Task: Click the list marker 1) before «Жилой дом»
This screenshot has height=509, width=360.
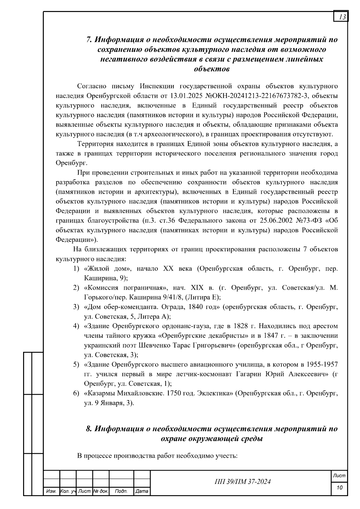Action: click(76, 269)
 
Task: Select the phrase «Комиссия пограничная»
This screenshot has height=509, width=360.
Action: click(125, 288)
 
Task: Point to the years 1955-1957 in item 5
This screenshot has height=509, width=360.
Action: click(322, 365)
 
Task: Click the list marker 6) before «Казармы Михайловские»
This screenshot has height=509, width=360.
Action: click(76, 393)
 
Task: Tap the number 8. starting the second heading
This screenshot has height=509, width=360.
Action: click(89, 429)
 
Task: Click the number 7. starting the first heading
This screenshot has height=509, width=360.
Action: click(89, 40)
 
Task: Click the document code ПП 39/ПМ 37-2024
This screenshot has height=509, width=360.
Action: click(242, 482)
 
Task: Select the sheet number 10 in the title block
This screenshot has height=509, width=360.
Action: click(340, 488)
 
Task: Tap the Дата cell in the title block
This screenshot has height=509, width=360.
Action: click(142, 491)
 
